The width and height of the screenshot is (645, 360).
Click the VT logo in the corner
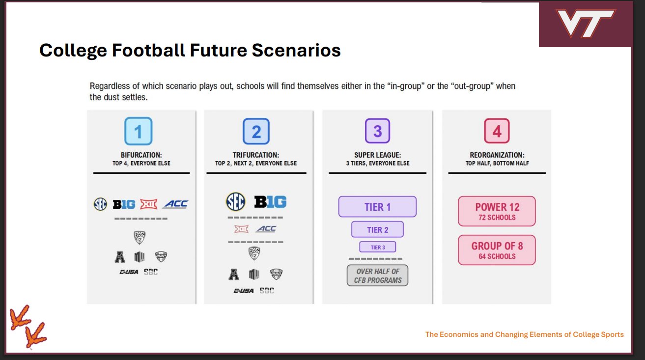(x=586, y=23)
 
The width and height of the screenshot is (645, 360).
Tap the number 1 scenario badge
(x=138, y=131)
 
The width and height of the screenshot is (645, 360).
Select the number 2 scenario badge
(x=256, y=131)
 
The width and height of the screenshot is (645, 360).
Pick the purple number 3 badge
(x=377, y=131)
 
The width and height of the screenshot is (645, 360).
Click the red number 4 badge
(x=497, y=131)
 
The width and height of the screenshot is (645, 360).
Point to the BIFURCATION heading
(x=141, y=155)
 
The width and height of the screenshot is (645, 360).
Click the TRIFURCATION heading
(x=256, y=155)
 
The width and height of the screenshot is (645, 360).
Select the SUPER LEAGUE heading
(x=377, y=155)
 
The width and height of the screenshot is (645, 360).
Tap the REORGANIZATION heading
(x=497, y=155)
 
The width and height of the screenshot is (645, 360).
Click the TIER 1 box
(x=377, y=207)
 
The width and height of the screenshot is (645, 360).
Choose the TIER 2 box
(x=377, y=229)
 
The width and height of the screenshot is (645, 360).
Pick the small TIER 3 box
(x=377, y=247)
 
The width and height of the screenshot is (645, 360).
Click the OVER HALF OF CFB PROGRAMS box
(x=377, y=276)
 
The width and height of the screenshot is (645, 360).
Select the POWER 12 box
(x=497, y=211)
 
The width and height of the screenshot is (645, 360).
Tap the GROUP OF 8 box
(x=497, y=250)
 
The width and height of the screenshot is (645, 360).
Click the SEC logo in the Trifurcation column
(x=235, y=201)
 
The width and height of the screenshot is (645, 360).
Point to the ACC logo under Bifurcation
(x=176, y=204)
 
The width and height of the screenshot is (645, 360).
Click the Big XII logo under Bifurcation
(x=148, y=204)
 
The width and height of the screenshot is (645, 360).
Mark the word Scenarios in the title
(x=296, y=50)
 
